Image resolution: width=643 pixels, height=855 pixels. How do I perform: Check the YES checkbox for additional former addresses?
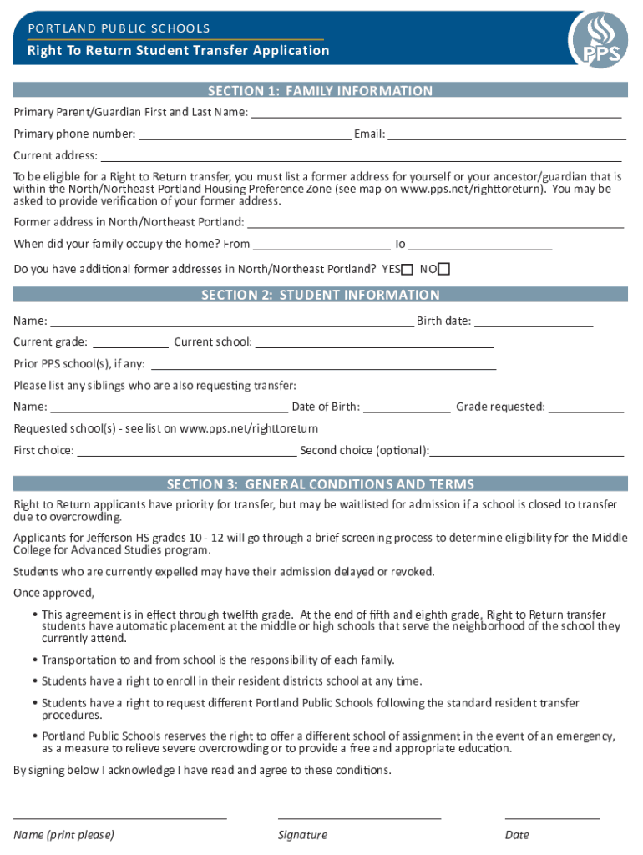[407, 269]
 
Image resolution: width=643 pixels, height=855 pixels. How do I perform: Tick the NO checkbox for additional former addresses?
[443, 269]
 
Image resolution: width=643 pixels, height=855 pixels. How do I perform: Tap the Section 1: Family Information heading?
[321, 91]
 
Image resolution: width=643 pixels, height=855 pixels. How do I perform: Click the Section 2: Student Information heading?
[321, 295]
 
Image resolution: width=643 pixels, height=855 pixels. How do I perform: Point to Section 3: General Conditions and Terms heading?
[321, 484]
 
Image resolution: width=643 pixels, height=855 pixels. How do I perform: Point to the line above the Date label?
[552, 818]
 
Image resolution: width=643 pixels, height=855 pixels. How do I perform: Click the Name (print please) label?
[63, 835]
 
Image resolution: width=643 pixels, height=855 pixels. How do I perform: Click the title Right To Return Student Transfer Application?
[179, 51]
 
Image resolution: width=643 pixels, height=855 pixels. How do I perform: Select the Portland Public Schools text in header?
[119, 28]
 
